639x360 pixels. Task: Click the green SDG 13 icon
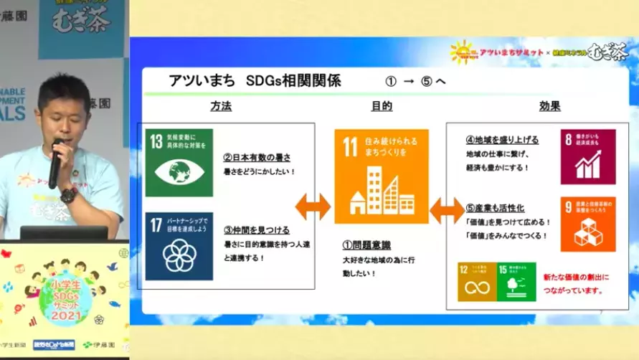[x=179, y=163]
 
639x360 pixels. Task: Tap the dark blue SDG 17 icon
[x=179, y=245]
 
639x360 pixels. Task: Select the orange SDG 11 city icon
[x=380, y=177]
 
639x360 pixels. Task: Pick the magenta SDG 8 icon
[x=588, y=157]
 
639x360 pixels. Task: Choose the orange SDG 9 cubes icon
[x=588, y=224]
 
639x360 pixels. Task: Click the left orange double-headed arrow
[x=313, y=207]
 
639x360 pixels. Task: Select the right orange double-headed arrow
[x=447, y=211]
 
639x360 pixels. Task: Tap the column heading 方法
[x=221, y=105]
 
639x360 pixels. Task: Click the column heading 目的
[x=381, y=105]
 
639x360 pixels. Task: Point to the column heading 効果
[x=549, y=105]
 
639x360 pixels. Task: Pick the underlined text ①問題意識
[x=366, y=244]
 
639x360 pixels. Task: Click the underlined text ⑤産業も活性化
[x=494, y=208]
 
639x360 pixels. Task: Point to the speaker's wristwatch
[x=68, y=194]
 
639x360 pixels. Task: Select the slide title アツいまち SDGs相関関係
[x=255, y=80]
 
